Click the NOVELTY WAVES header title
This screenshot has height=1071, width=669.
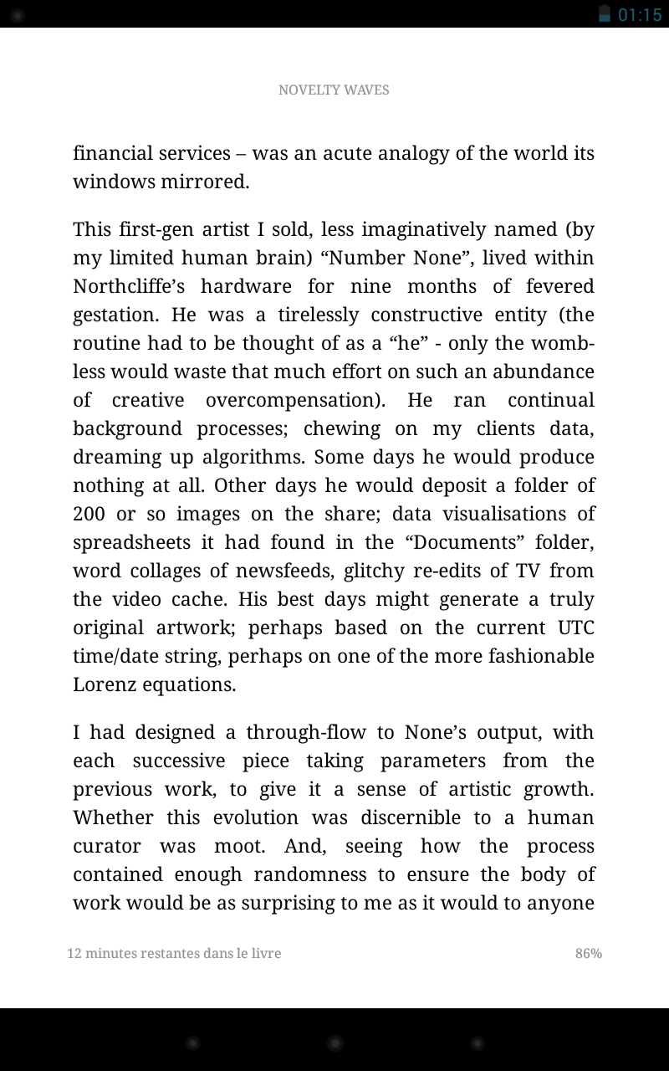(x=334, y=90)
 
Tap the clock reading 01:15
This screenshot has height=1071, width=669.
(x=640, y=14)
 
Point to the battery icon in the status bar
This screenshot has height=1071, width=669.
(x=605, y=13)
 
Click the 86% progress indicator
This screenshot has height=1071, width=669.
(x=588, y=954)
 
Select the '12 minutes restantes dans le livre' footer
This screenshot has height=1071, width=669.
(x=174, y=954)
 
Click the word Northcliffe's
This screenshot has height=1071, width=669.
(x=127, y=286)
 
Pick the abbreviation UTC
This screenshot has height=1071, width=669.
(x=575, y=628)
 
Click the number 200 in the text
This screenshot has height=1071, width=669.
(x=89, y=514)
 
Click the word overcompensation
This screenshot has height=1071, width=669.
(x=294, y=400)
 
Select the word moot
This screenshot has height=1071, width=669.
(x=239, y=846)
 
